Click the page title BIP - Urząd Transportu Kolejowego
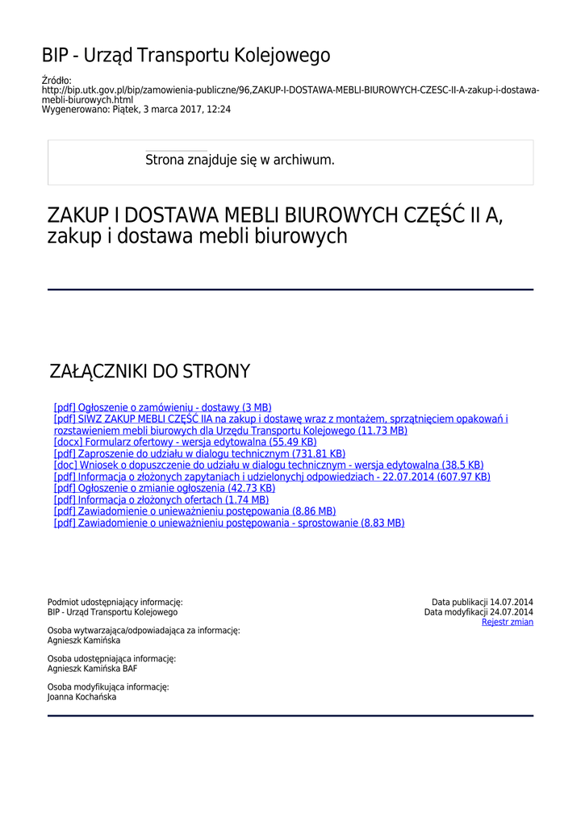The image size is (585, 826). pyautogui.click(x=186, y=56)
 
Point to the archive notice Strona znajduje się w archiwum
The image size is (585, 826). pyautogui.click(x=240, y=160)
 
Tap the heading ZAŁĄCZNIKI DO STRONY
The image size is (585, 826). pyautogui.click(x=150, y=372)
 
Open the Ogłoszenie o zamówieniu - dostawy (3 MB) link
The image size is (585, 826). pyautogui.click(x=162, y=407)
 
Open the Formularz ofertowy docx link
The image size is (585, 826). pyautogui.click(x=185, y=442)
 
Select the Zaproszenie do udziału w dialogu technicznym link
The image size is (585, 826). pyautogui.click(x=199, y=453)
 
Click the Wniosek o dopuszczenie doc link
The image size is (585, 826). pyautogui.click(x=269, y=465)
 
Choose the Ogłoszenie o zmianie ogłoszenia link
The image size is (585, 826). pyautogui.click(x=165, y=488)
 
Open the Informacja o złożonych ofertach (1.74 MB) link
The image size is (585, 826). pyautogui.click(x=161, y=500)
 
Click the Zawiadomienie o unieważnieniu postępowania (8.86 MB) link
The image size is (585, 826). pyautogui.click(x=194, y=511)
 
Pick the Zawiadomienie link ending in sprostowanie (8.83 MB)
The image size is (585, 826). pyautogui.click(x=229, y=523)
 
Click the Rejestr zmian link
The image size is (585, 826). pyautogui.click(x=508, y=622)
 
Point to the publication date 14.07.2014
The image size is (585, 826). pyautogui.click(x=512, y=602)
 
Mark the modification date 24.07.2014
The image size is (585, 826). pyautogui.click(x=512, y=612)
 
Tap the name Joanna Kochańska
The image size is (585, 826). pyautogui.click(x=81, y=697)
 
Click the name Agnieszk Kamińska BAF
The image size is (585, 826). pyautogui.click(x=92, y=669)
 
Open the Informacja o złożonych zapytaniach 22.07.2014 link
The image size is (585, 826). pyautogui.click(x=272, y=477)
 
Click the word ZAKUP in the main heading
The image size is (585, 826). pyautogui.click(x=77, y=216)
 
